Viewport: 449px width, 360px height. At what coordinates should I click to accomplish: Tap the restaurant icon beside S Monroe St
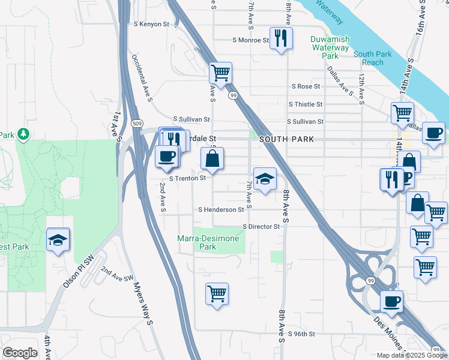click(x=281, y=39)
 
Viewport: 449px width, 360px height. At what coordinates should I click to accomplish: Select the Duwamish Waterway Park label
click(x=330, y=47)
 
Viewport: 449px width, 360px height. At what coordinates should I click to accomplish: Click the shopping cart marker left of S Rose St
click(x=221, y=73)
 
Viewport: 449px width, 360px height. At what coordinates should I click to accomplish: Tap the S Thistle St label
click(x=306, y=104)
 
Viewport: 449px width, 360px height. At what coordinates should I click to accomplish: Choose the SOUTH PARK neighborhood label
click(x=282, y=139)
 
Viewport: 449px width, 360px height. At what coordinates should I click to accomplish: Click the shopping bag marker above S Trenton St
click(x=212, y=159)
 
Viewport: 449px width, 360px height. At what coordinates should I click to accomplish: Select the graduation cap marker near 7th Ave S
click(x=265, y=178)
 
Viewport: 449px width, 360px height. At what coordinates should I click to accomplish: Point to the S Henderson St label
click(x=221, y=210)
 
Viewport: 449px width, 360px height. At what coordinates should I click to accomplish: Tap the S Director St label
click(x=261, y=227)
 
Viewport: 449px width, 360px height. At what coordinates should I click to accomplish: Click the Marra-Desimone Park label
click(x=208, y=242)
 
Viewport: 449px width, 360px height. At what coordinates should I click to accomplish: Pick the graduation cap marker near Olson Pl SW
click(x=58, y=241)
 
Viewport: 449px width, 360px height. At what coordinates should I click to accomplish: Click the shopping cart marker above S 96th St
click(x=217, y=294)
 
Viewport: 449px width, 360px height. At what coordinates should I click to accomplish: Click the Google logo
click(x=20, y=352)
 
